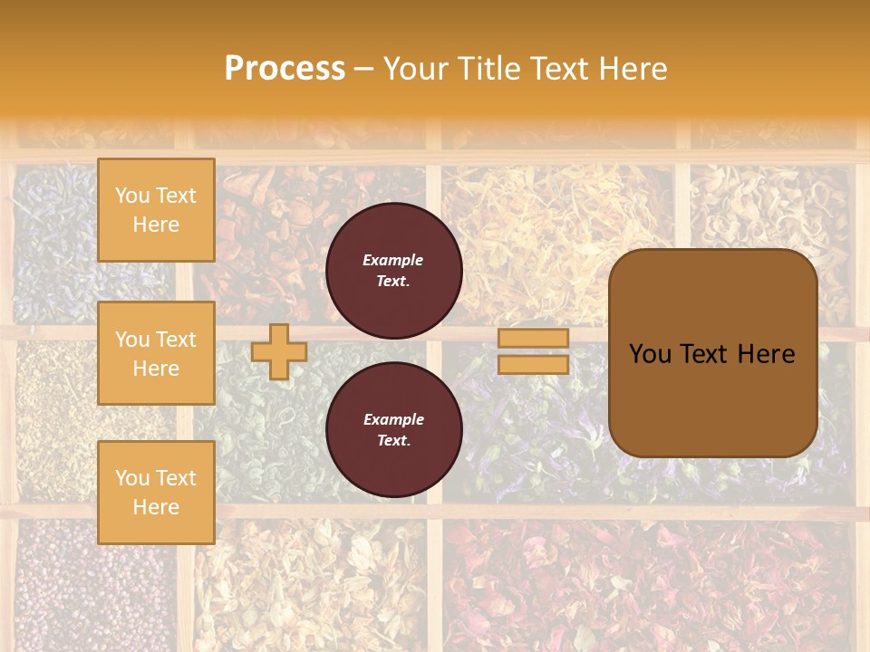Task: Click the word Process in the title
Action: pyautogui.click(x=285, y=69)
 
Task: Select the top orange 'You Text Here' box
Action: pyautogui.click(x=156, y=210)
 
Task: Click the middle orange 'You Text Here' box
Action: pyautogui.click(x=156, y=353)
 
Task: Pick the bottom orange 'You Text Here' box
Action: pyautogui.click(x=156, y=493)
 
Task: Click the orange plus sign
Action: pyautogui.click(x=278, y=351)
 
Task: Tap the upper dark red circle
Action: pyautogui.click(x=393, y=271)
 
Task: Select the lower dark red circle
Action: pyautogui.click(x=393, y=430)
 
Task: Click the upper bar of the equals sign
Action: pyautogui.click(x=533, y=339)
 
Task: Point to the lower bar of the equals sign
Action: pyautogui.click(x=533, y=364)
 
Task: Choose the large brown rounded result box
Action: pyautogui.click(x=712, y=353)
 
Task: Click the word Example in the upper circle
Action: pyautogui.click(x=393, y=260)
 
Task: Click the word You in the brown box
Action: pyautogui.click(x=649, y=354)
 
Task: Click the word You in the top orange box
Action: pyautogui.click(x=132, y=196)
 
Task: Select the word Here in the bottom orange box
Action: pyautogui.click(x=156, y=507)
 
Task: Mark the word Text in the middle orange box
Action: pyautogui.click(x=175, y=340)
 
